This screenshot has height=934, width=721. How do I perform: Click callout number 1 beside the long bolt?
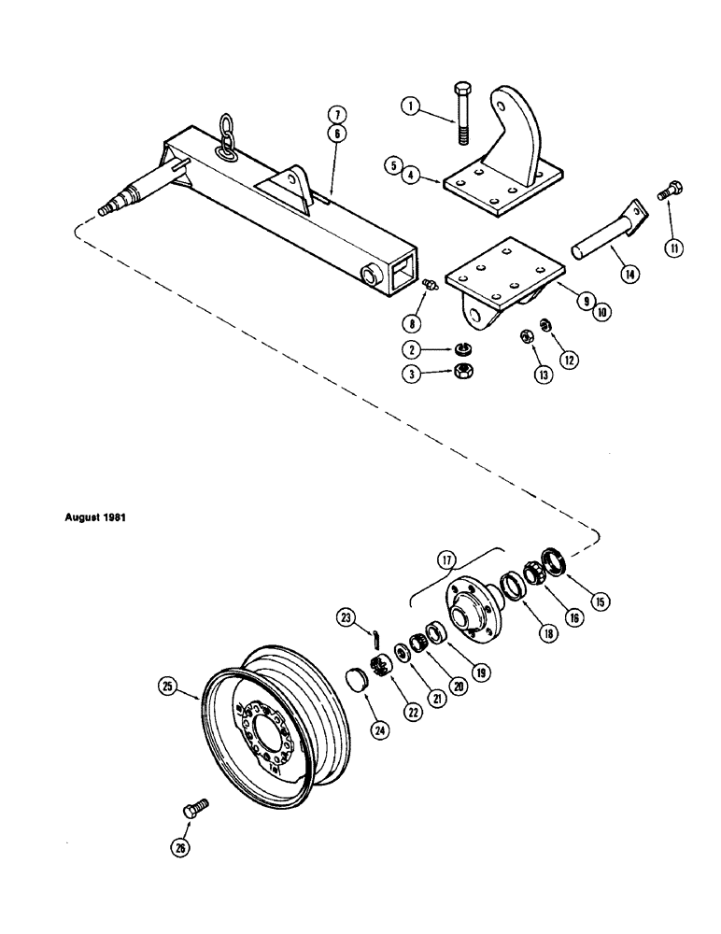click(x=407, y=106)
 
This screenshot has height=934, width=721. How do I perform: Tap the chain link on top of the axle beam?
click(x=225, y=133)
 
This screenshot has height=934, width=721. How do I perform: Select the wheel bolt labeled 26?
click(x=196, y=809)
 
